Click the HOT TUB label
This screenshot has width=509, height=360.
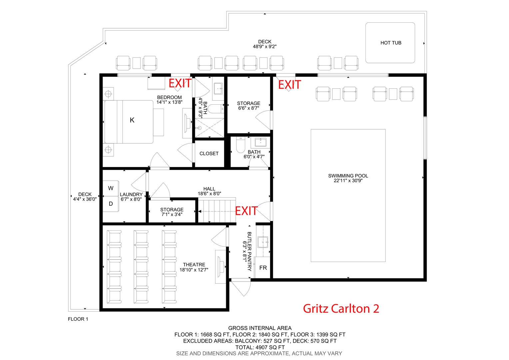391,43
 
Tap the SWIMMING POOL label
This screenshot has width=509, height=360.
348,176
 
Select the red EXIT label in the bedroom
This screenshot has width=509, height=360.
180,83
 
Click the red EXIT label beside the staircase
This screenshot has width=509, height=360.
246,211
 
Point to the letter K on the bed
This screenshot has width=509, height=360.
132,120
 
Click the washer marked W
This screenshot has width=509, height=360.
111,188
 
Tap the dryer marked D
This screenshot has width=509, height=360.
111,204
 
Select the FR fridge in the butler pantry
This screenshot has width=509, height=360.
263,268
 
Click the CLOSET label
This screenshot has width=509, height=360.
209,154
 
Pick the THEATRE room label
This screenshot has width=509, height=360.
194,265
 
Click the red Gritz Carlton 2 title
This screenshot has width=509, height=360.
341,309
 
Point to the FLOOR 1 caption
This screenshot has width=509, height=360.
78,319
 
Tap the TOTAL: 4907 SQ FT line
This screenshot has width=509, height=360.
260,347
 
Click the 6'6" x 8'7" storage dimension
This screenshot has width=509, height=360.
249,108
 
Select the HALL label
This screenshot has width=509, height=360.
209,189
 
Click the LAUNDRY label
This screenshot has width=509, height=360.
131,194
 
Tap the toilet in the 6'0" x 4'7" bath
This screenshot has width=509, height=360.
241,145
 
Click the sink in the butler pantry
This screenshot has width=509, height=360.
263,242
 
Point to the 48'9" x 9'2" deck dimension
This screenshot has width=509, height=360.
265,47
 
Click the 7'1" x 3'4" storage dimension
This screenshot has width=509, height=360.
172,214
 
